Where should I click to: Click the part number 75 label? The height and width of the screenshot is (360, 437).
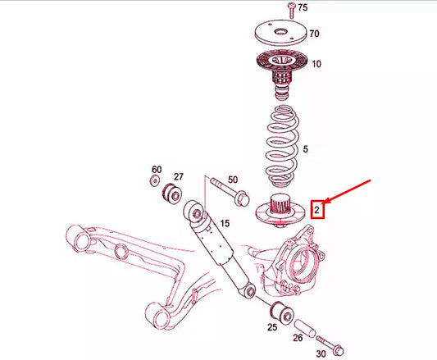click(x=303, y=8)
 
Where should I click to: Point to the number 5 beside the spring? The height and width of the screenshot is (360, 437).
click(x=306, y=150)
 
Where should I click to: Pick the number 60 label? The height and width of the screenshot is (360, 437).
click(x=157, y=171)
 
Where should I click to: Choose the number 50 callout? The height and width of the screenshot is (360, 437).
click(x=232, y=179)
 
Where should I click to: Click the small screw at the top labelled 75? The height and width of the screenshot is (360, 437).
click(x=290, y=10)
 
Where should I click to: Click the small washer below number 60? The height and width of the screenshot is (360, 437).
click(x=156, y=185)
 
